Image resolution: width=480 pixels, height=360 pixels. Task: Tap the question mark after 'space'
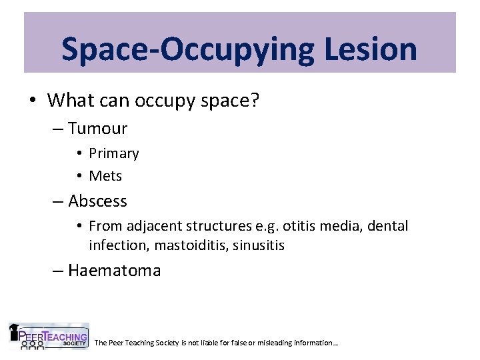pos(255,101)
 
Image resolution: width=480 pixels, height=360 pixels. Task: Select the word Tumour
pos(97,128)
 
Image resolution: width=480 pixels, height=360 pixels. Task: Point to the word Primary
pos(114,153)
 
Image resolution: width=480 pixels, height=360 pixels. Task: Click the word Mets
pos(105,176)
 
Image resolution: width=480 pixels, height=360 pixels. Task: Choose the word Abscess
pos(97,201)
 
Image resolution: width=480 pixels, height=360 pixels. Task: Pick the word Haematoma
pos(114,270)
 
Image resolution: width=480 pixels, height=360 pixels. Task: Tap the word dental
pos(387,226)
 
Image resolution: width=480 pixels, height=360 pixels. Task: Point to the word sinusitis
pos(259,245)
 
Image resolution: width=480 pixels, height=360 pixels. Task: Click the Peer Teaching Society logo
pos(48,337)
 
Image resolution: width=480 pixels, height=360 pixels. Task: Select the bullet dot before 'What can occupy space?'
pos(32,101)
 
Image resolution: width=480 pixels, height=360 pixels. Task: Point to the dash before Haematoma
pos(59,270)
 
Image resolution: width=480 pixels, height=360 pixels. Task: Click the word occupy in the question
pos(161,101)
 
